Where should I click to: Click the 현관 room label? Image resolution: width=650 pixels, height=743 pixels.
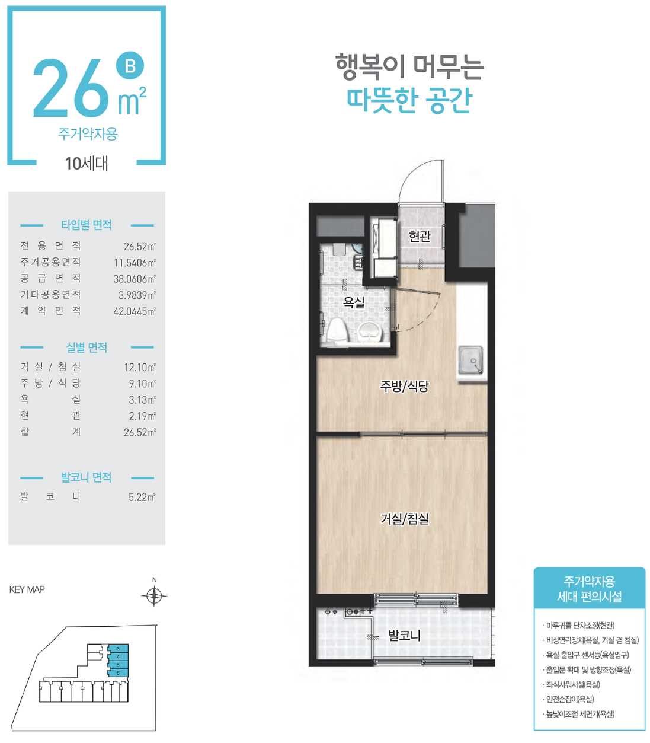coord(420,236)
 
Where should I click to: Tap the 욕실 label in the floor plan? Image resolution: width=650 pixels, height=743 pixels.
coord(354,302)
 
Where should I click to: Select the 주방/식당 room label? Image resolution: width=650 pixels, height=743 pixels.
coord(405,385)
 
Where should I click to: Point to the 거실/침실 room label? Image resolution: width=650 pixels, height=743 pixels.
coord(405,518)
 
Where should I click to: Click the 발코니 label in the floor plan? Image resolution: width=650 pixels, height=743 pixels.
coord(405,636)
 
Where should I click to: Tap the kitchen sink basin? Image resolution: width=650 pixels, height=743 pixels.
coord(470,360)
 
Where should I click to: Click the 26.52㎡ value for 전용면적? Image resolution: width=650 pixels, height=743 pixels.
coord(140,247)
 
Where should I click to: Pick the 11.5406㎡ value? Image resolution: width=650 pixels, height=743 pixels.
coord(135,263)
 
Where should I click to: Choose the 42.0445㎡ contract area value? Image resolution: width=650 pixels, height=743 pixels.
coord(135,311)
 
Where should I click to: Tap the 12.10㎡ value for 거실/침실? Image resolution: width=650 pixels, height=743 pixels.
coord(140,368)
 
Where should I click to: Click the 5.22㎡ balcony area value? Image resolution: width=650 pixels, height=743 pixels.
coord(142,497)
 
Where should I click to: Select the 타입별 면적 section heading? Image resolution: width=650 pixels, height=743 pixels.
coord(87,225)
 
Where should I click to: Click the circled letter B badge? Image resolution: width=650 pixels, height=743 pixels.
coord(130,66)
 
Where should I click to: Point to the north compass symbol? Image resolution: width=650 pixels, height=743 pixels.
coord(154,595)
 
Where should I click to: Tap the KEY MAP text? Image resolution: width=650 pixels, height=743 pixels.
coord(27,590)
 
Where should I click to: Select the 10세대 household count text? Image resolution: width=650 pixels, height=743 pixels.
coord(87,164)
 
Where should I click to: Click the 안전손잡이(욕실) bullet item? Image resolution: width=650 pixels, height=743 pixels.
coord(570,699)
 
